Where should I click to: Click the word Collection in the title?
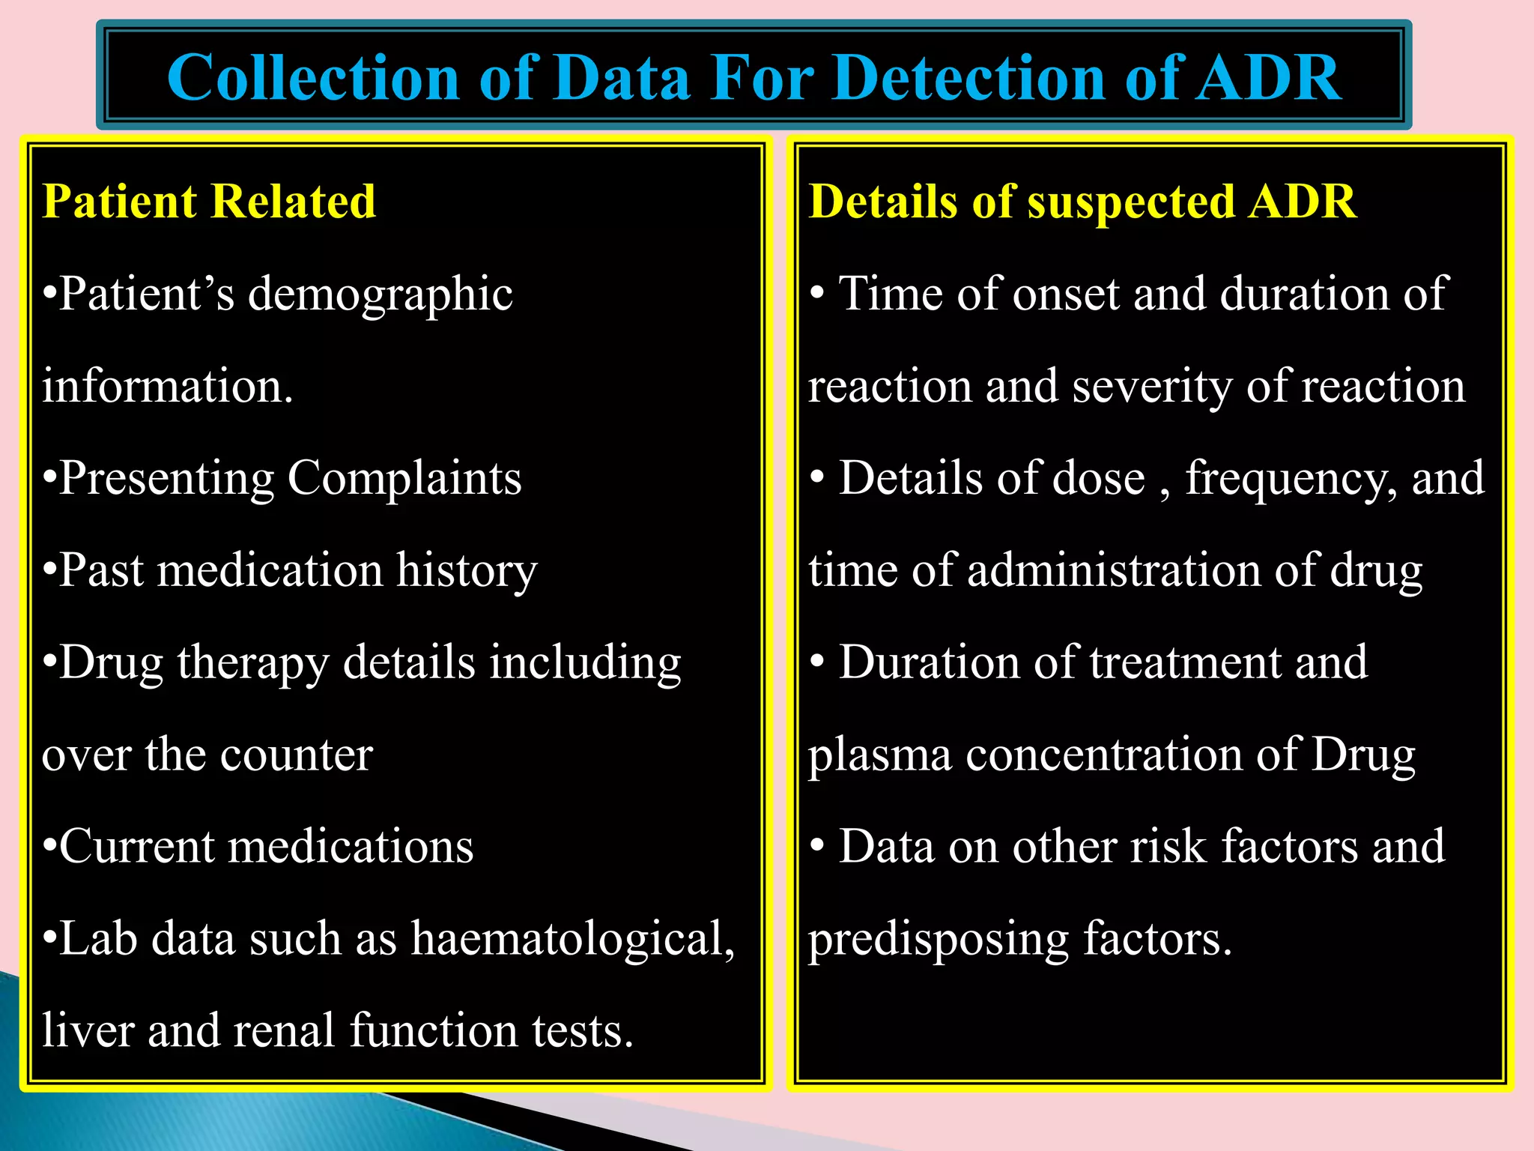tap(313, 78)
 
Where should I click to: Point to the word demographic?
tap(381, 294)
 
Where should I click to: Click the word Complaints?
tap(404, 478)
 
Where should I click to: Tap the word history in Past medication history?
tap(467, 571)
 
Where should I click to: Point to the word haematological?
tap(572, 938)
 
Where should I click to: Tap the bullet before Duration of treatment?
tap(817, 662)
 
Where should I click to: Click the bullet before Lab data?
tap(49, 938)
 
